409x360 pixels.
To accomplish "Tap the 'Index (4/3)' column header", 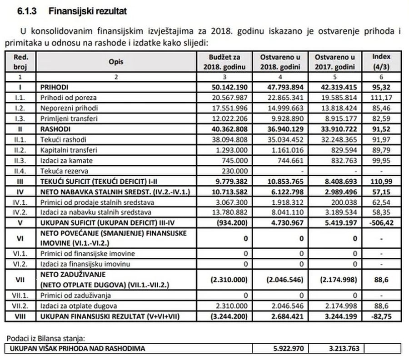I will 381,61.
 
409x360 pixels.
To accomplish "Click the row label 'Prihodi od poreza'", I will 69,97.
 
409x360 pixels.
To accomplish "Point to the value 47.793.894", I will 280,86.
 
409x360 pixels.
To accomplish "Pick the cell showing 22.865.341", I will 280,97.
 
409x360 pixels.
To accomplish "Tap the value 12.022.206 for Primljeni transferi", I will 230,118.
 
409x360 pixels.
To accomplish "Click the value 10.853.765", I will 280,182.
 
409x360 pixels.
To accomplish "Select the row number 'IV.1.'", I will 20,202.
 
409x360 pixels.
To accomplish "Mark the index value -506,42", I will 380,223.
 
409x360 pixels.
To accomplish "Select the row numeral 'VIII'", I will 20,316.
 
